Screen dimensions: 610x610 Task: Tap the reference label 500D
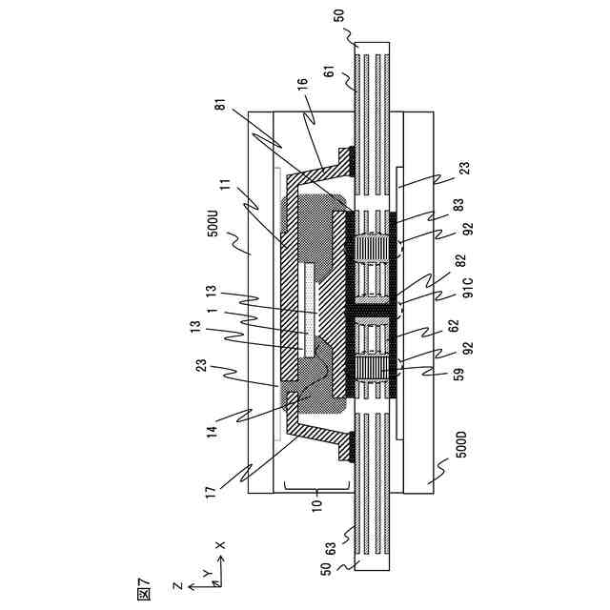[x=461, y=445]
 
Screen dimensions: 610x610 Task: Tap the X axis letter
[x=220, y=545]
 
